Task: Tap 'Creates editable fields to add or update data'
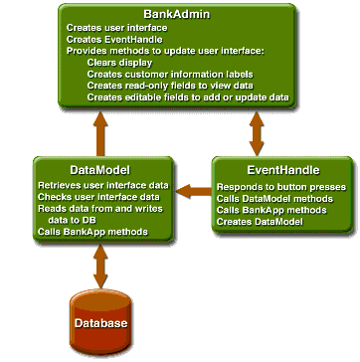pyautogui.click(x=186, y=97)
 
